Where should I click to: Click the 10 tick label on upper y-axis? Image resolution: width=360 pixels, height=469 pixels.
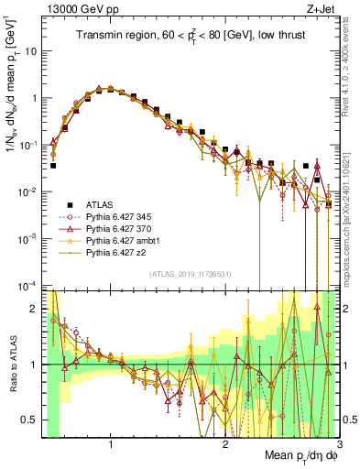pyautogui.click(x=30, y=51)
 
